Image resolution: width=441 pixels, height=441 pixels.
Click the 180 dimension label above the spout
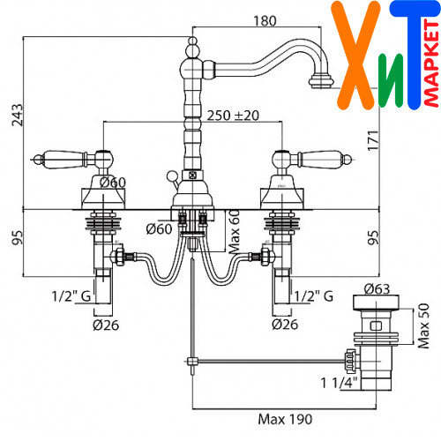265,21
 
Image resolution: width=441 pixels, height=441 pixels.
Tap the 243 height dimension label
17,115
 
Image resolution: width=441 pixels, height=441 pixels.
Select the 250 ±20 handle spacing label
233,116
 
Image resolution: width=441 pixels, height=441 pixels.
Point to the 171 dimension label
373,140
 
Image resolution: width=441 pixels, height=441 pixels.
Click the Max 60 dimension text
235,232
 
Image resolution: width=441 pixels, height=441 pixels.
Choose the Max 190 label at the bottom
285,419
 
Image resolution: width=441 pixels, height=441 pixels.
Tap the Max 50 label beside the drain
423,326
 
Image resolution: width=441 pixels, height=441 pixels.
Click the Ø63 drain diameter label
377,289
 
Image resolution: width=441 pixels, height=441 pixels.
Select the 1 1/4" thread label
339,383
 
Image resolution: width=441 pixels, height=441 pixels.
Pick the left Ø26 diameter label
106,325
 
